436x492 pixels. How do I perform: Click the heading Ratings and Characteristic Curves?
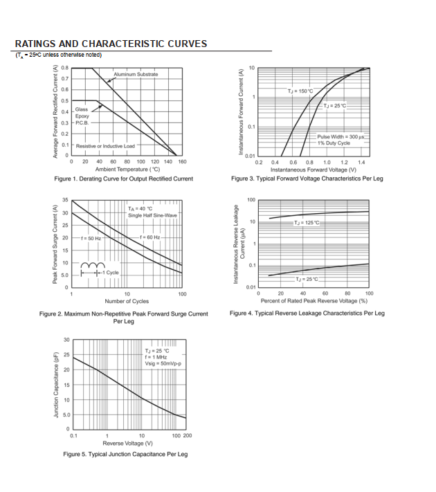tap(111, 44)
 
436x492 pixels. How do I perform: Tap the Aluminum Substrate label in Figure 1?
tap(136, 74)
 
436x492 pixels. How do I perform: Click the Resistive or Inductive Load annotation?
tap(105, 146)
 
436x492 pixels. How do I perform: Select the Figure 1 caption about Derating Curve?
tap(124, 179)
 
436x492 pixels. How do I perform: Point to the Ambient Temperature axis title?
tap(127, 169)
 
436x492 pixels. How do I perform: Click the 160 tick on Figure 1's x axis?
tap(182, 161)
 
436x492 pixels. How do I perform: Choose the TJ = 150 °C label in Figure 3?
tap(300, 91)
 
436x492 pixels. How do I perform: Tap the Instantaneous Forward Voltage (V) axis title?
tap(314, 170)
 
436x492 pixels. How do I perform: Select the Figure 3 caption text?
tap(307, 179)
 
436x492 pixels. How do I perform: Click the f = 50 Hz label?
tap(91, 238)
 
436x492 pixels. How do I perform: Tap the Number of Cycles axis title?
tap(127, 302)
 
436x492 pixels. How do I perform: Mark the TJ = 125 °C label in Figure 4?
tap(307, 223)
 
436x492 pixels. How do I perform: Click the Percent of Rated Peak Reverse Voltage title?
tap(314, 301)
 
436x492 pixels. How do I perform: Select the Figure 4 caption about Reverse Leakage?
tap(307, 313)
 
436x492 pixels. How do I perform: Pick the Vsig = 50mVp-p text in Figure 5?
tap(162, 363)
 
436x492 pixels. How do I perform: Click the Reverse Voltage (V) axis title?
tap(128, 443)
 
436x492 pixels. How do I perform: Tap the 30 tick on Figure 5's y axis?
tap(66, 340)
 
